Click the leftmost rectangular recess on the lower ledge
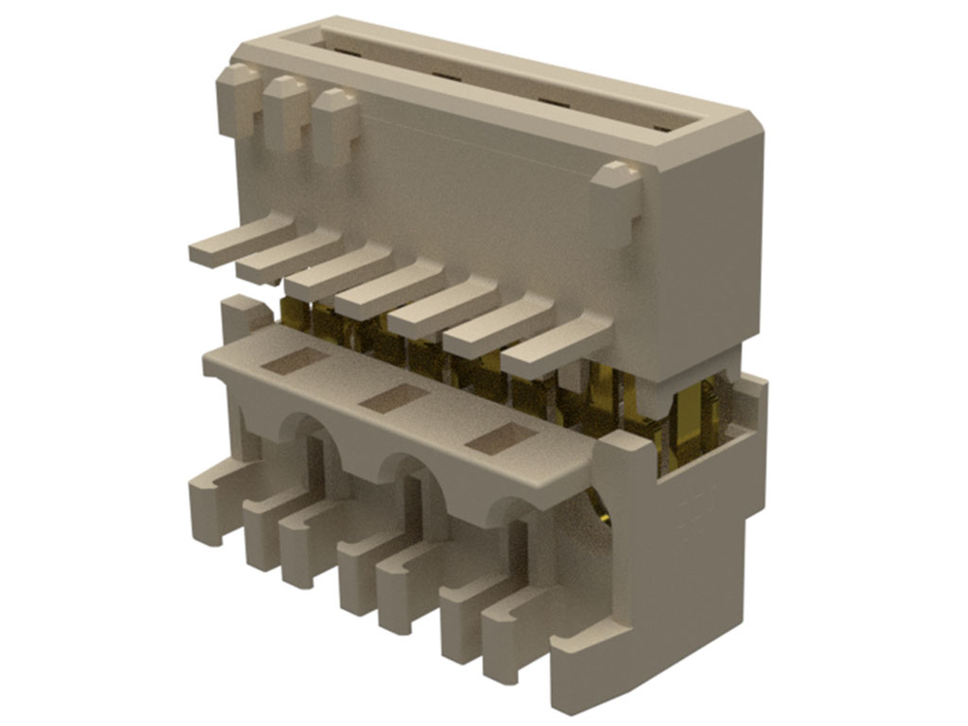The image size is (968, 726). pyautogui.click(x=296, y=361)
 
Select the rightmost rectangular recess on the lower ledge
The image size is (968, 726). pyautogui.click(x=499, y=440)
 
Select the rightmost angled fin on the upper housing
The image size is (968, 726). pyautogui.click(x=557, y=347)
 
